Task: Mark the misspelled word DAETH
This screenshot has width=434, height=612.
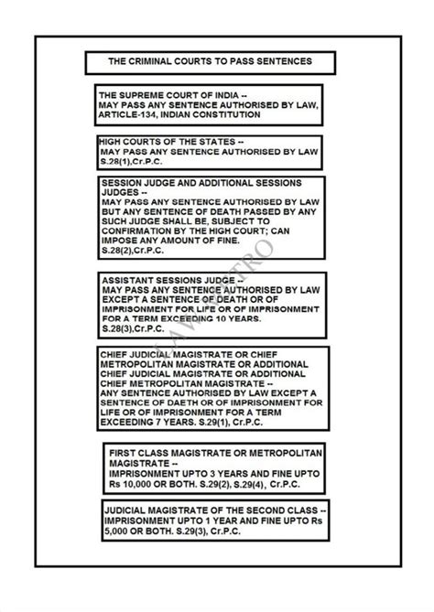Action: (178, 400)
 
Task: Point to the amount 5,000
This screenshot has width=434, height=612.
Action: (121, 531)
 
